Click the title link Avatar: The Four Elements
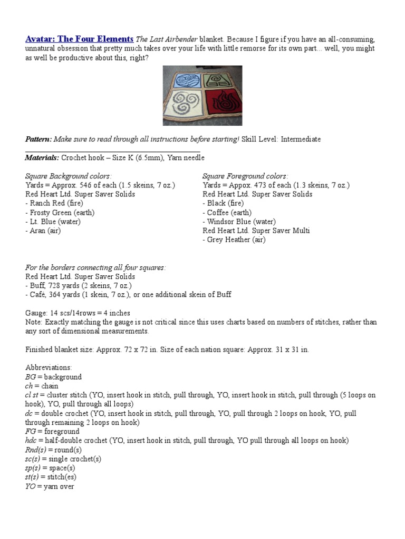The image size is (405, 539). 79,39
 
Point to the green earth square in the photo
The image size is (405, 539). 221,79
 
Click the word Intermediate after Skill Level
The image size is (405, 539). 301,139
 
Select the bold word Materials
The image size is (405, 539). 42,157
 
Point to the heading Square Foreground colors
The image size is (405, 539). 245,176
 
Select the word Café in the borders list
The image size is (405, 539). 38,295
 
